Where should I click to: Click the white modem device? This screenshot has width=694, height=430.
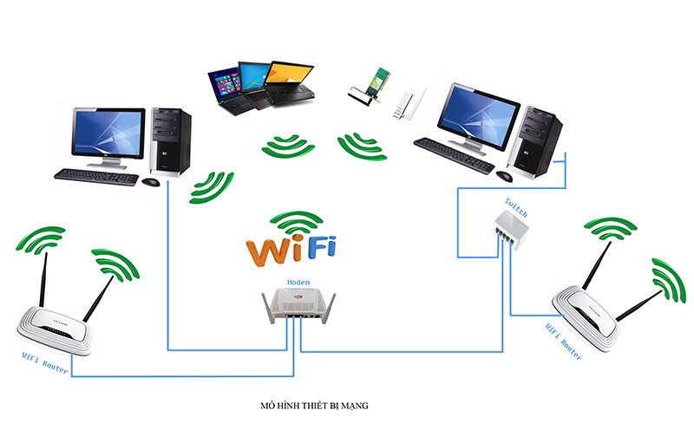pyautogui.click(x=297, y=308)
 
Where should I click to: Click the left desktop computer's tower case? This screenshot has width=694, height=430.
pyautogui.click(x=171, y=139)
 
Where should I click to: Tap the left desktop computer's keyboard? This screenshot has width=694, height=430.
pyautogui.click(x=95, y=174)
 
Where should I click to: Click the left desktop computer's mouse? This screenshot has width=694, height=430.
pyautogui.click(x=150, y=181)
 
